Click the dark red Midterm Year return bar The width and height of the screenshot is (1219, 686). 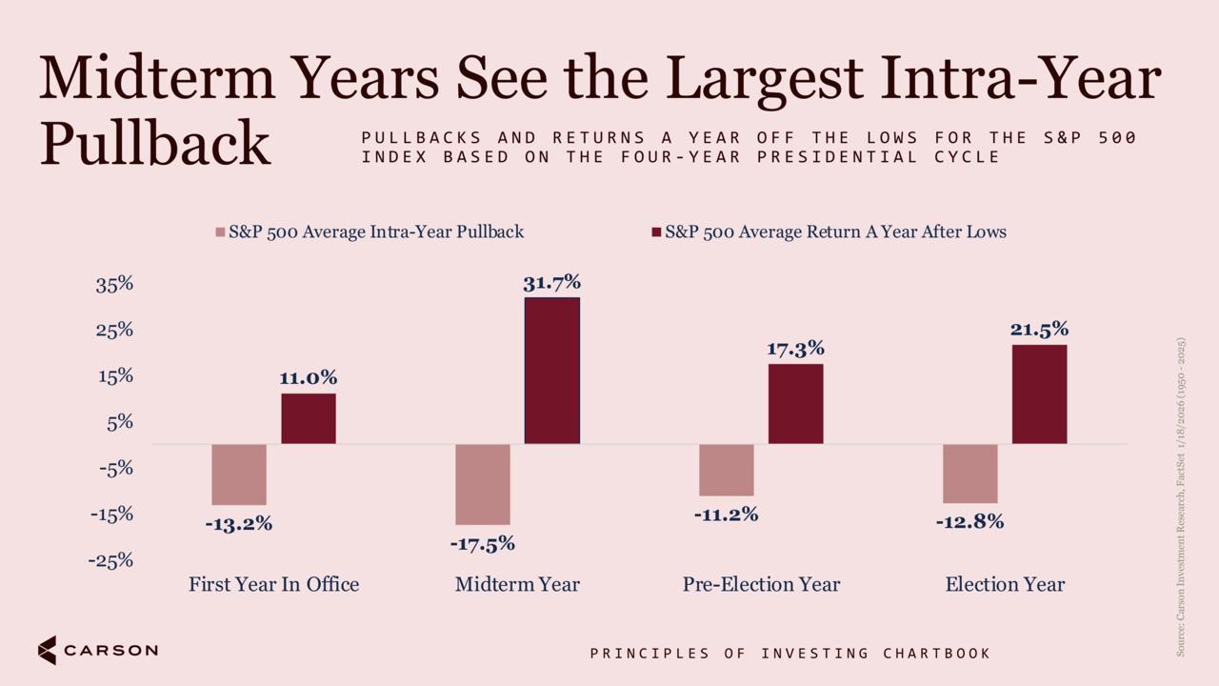[551, 371]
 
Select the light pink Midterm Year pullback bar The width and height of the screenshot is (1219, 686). [483, 485]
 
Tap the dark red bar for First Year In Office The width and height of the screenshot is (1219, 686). [309, 418]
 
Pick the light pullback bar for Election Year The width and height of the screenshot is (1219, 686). [970, 474]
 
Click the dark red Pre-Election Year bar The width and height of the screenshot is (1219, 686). [795, 404]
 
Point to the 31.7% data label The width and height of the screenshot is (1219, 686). [551, 283]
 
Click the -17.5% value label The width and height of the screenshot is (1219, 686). [483, 543]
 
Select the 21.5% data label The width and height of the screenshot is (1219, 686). [1039, 330]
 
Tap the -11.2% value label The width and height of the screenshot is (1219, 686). [726, 514]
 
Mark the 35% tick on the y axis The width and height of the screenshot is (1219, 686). [114, 284]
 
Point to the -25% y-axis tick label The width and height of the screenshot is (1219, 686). [111, 560]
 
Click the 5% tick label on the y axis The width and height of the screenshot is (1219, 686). [120, 422]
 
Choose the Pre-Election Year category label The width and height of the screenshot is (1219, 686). [761, 584]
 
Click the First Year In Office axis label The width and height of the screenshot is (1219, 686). [273, 584]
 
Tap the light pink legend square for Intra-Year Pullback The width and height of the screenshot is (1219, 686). [220, 232]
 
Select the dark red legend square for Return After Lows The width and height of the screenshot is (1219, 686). [656, 232]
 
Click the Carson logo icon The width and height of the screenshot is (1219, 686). [48, 650]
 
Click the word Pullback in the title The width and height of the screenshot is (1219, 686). [155, 144]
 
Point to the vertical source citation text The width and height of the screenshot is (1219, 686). [1180, 497]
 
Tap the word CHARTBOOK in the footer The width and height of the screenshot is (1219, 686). [936, 654]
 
